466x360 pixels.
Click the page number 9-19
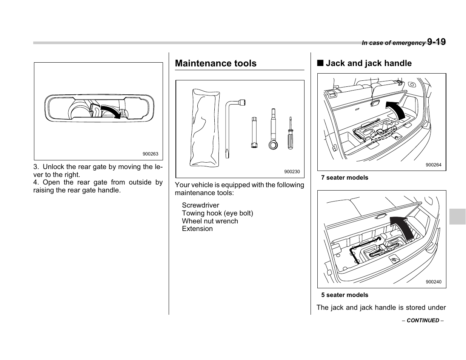(436, 42)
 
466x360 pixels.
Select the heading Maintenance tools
(215, 63)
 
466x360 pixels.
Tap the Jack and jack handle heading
(368, 63)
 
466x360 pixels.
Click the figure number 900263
(150, 154)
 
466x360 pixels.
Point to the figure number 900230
(292, 172)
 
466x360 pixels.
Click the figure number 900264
(433, 165)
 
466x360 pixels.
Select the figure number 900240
(433, 282)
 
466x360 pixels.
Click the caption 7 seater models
(345, 178)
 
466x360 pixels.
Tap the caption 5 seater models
(345, 295)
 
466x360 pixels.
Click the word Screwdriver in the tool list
(200, 205)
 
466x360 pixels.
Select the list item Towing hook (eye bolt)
(217, 213)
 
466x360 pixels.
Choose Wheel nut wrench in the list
(210, 221)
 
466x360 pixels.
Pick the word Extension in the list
(197, 229)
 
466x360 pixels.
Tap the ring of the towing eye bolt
(273, 145)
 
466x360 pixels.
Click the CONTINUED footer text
(423, 320)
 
